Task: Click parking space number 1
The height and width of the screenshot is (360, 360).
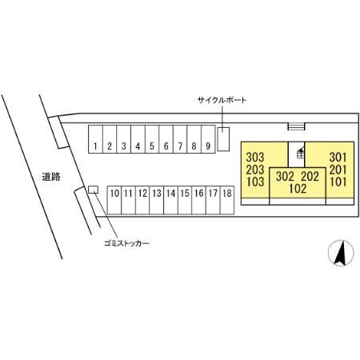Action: click(95, 139)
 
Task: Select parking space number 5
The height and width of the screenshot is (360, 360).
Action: click(152, 139)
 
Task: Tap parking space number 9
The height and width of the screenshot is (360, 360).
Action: click(208, 139)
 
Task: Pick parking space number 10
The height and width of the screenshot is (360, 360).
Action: click(114, 200)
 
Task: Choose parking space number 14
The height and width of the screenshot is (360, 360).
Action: click(170, 200)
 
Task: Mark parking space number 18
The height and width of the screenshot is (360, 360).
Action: click(227, 200)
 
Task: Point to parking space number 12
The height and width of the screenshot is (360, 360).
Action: click(142, 200)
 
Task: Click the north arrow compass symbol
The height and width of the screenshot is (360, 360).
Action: click(341, 253)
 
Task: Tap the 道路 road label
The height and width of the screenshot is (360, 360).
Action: click(51, 177)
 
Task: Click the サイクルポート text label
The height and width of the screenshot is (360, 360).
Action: click(222, 100)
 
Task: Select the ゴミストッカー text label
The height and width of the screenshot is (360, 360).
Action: click(126, 243)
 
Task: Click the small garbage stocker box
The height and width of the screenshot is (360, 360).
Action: click(93, 190)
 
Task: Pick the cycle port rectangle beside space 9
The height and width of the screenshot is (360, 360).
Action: click(223, 139)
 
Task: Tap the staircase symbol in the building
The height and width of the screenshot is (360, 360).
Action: click(301, 154)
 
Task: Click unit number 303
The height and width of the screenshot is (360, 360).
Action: click(255, 158)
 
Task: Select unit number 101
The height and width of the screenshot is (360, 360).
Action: click(338, 182)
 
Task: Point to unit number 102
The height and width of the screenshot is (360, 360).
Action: click(298, 189)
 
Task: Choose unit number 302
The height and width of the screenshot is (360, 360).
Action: click(285, 176)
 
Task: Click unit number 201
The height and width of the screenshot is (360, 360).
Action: click(338, 170)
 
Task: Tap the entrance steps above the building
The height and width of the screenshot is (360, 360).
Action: click(296, 126)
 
